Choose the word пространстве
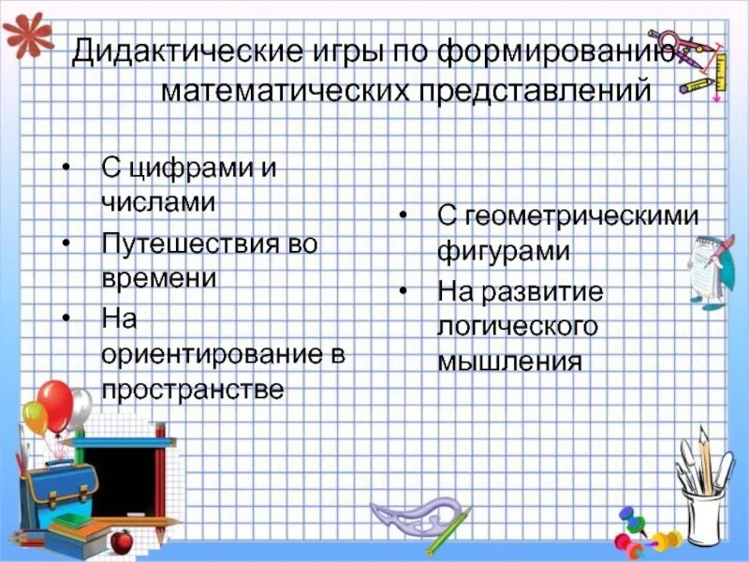192,390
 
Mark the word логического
518,326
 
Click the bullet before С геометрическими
402,216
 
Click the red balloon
56,403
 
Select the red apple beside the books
121,540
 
